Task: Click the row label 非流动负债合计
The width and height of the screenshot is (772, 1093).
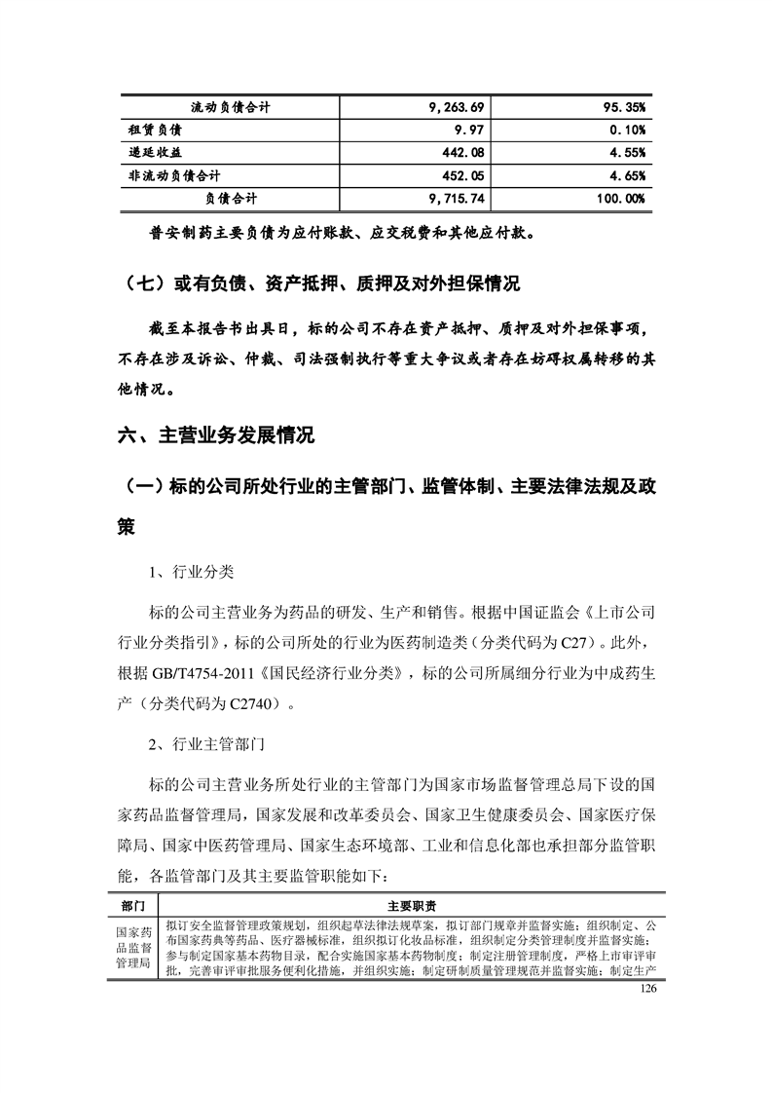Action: pyautogui.click(x=175, y=176)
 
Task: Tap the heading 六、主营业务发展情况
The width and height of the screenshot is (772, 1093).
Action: pyautogui.click(x=216, y=435)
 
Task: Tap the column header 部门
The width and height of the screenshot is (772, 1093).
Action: pyautogui.click(x=133, y=905)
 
